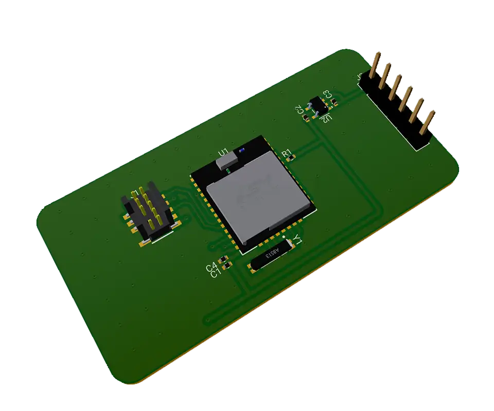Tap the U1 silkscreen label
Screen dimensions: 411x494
[223, 153]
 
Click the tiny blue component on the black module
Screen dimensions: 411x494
[241, 151]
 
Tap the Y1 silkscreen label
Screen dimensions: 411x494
[297, 239]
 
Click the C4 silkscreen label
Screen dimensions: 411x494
[211, 267]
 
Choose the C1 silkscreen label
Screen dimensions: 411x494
[216, 273]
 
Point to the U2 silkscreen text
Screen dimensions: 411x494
[326, 119]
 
